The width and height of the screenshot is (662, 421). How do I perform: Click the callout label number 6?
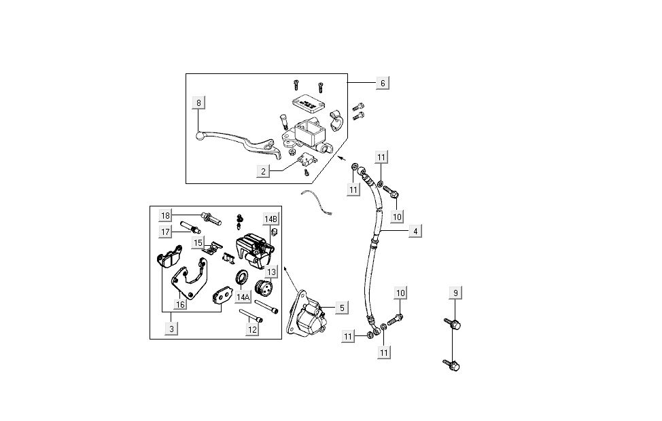pos(383,83)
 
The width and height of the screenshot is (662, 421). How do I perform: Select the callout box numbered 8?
pos(199,103)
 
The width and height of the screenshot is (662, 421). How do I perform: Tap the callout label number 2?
pos(263,172)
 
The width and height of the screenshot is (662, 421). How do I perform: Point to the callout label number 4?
pos(414,231)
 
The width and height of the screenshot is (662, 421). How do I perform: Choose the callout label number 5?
pos(342,308)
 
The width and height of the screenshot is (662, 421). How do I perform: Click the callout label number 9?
pos(457,293)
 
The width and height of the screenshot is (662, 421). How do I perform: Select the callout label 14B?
pos(271,219)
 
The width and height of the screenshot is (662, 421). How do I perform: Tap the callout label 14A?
pos(243,297)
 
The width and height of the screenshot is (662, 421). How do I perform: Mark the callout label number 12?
pos(252,329)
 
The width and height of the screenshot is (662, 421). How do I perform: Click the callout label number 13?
pos(271,272)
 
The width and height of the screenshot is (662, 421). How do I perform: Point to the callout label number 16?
pos(180,305)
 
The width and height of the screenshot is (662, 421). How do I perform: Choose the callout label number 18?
pos(166,215)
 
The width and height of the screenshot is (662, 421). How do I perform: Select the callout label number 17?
pos(166,232)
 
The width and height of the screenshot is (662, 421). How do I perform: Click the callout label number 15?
pos(198,242)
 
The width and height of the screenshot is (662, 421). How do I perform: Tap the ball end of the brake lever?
pos(200,136)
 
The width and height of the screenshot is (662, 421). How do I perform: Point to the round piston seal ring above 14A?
pos(241,278)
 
